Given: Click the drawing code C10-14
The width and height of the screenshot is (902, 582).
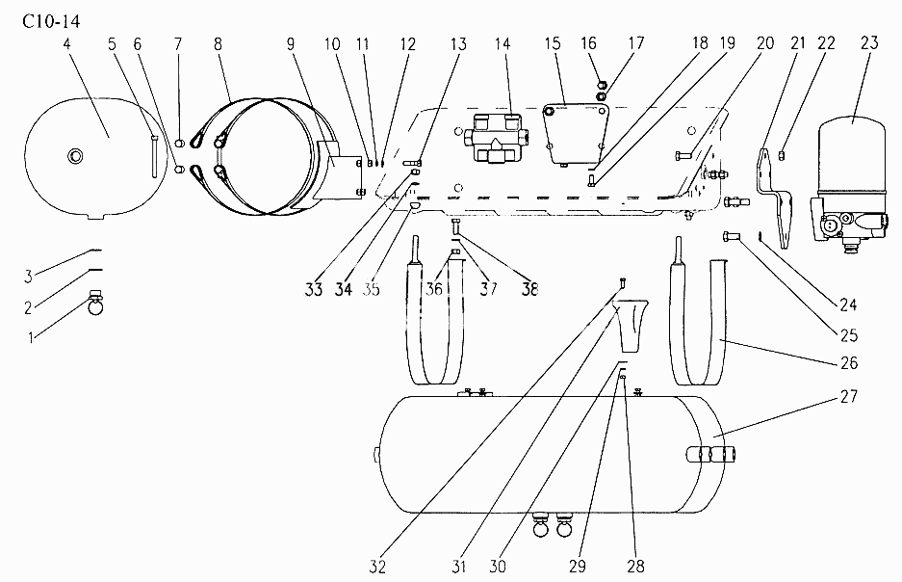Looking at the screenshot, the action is (51, 21).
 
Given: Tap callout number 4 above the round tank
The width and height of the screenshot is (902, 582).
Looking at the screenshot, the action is (67, 43).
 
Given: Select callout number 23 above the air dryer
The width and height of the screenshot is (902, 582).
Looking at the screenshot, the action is (870, 42).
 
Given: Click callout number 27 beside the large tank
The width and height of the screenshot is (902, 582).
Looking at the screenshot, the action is (849, 396).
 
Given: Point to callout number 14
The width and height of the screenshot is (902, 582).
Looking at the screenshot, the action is (503, 43).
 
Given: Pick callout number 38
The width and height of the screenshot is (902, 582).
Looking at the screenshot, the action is (529, 288).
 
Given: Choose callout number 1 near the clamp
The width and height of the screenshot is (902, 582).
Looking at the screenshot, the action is (31, 337).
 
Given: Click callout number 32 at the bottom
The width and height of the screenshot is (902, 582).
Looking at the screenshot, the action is (377, 567).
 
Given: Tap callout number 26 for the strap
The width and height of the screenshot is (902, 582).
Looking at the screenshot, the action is (849, 362).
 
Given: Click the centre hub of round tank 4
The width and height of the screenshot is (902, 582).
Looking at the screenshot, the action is (75, 155).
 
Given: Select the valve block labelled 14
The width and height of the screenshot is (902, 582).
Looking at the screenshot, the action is (495, 138).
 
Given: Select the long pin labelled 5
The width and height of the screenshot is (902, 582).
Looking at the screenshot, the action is (155, 155).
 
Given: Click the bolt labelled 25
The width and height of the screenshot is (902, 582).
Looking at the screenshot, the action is (732, 235).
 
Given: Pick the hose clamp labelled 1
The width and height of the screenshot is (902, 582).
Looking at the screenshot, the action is (96, 304).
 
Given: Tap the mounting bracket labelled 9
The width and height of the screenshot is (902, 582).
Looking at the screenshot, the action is (341, 172).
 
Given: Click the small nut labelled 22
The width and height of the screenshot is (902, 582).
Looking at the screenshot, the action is (783, 154).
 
